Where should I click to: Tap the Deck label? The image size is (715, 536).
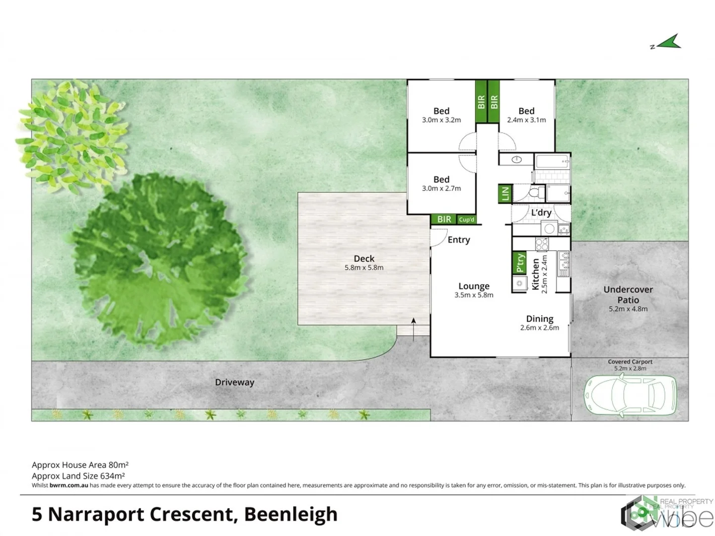click(x=364, y=259)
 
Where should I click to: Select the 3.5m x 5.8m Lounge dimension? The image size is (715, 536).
click(x=474, y=295)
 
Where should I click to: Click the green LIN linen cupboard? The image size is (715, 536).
click(x=505, y=193)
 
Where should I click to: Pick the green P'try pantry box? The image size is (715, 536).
click(x=519, y=263)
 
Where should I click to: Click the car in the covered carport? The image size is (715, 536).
click(x=630, y=395)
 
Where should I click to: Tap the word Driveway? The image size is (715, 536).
click(x=234, y=382)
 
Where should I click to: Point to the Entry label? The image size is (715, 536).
click(x=458, y=240)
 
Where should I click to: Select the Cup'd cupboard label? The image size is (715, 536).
click(x=467, y=219)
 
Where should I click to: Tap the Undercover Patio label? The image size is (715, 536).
click(x=628, y=295)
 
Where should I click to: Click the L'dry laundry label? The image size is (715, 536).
click(x=541, y=212)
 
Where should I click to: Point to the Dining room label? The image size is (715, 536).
click(x=540, y=319)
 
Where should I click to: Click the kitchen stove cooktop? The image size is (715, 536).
click(x=542, y=244)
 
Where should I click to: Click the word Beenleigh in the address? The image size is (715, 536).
click(x=291, y=514)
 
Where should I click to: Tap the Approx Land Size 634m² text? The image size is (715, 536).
click(x=78, y=475)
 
